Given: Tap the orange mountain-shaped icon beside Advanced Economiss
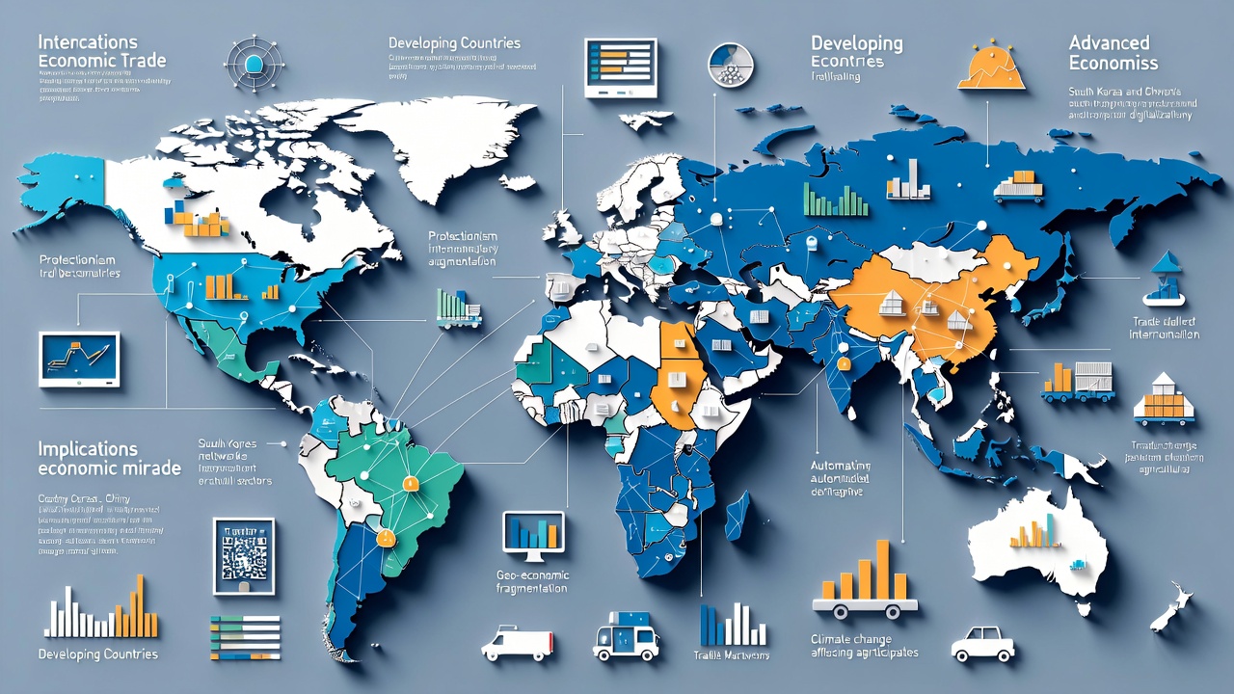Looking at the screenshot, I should (991, 68).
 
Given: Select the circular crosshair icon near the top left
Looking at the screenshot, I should (254, 64).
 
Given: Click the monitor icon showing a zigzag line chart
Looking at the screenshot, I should (79, 358).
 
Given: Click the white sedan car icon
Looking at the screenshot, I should (982, 643).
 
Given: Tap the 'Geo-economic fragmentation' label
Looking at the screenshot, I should (531, 581).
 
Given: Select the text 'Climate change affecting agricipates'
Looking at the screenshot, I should (864, 646).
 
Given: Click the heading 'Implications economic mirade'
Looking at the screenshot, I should (109, 458).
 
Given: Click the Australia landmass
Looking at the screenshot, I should (1036, 545).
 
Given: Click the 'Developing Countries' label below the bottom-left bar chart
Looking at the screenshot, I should (97, 654).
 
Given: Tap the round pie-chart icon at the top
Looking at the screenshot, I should (730, 66).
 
